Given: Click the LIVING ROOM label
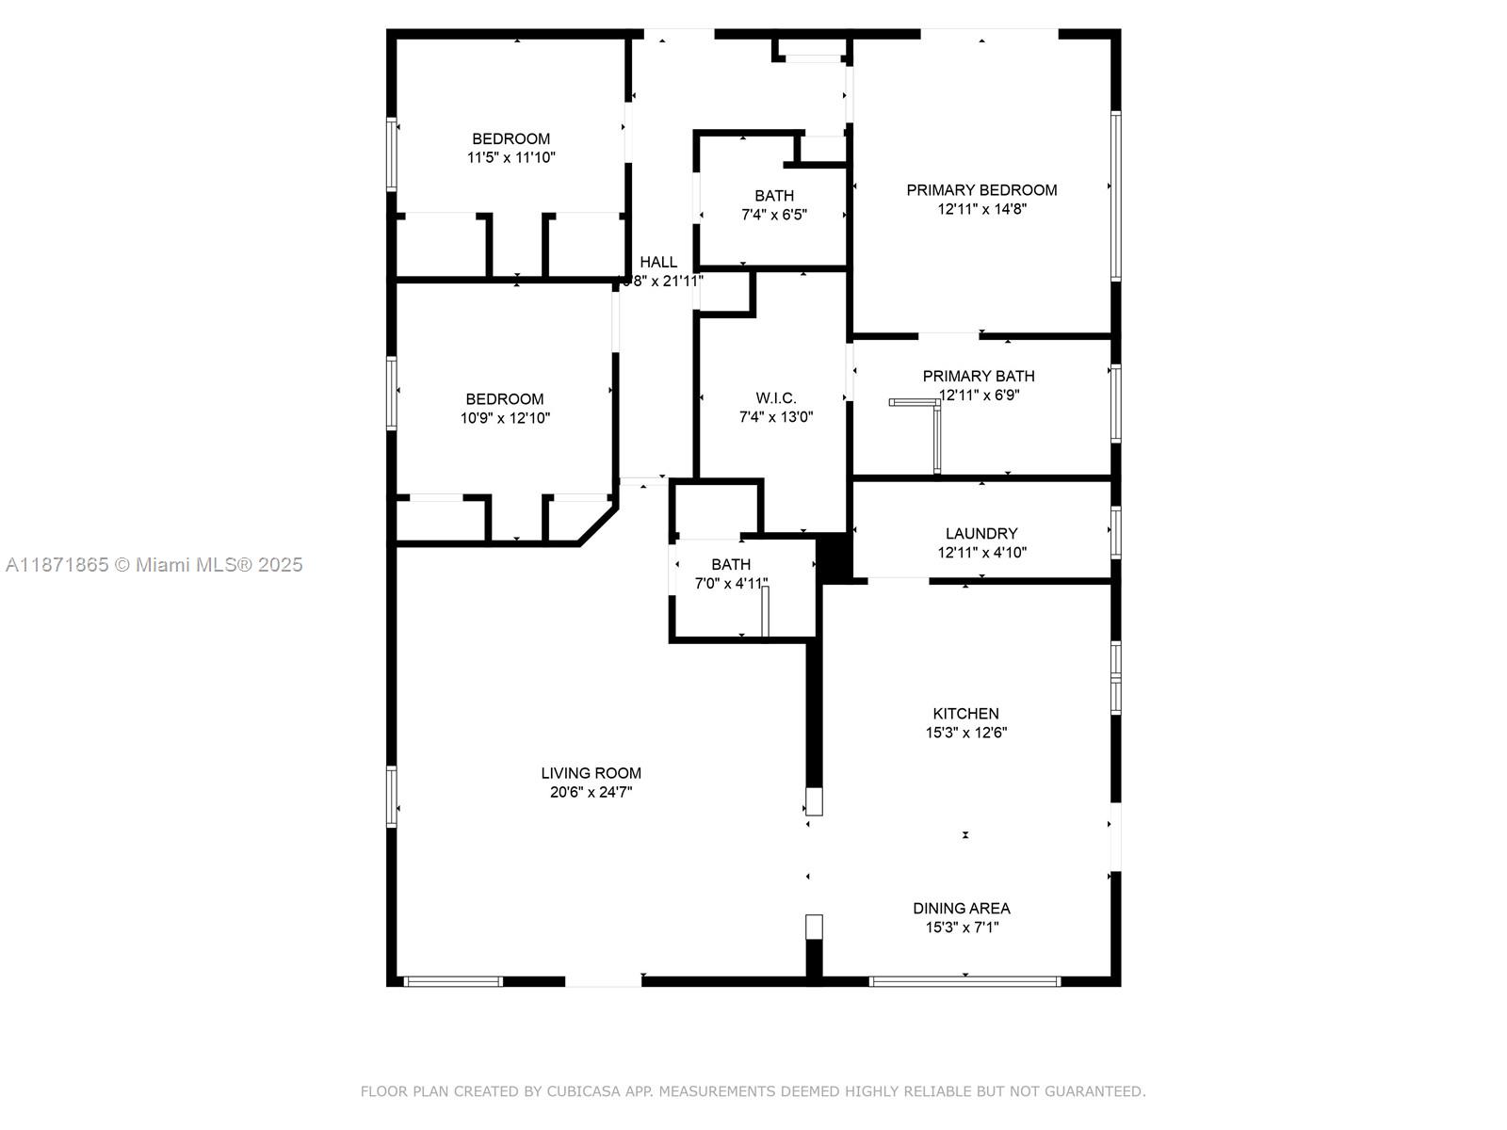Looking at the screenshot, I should coord(591,773).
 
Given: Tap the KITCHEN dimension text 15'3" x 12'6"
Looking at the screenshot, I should coord(965,733).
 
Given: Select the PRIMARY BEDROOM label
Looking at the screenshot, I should coord(981,190).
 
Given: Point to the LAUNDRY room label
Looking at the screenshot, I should coord(981,534).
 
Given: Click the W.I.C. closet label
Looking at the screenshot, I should coord(775,398).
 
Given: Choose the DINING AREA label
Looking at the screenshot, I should coord(961,909).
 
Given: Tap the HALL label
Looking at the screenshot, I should coord(658,263).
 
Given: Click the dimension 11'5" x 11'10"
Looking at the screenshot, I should coord(510,158).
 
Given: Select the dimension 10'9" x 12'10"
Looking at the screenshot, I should coord(505,418).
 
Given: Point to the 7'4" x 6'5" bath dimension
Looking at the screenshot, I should coord(773,215).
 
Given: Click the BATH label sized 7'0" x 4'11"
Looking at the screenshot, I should coord(731,565).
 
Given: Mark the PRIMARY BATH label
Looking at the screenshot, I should coord(978,377).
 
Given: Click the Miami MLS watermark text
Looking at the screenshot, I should coord(154,565).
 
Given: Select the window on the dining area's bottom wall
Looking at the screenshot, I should coord(964,981).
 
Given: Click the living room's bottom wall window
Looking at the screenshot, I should coord(453,981).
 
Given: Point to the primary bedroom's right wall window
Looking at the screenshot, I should coord(1115,196).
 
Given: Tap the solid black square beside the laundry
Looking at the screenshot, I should coord(834,557).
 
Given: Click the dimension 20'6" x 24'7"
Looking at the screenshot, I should coord(591,793).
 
